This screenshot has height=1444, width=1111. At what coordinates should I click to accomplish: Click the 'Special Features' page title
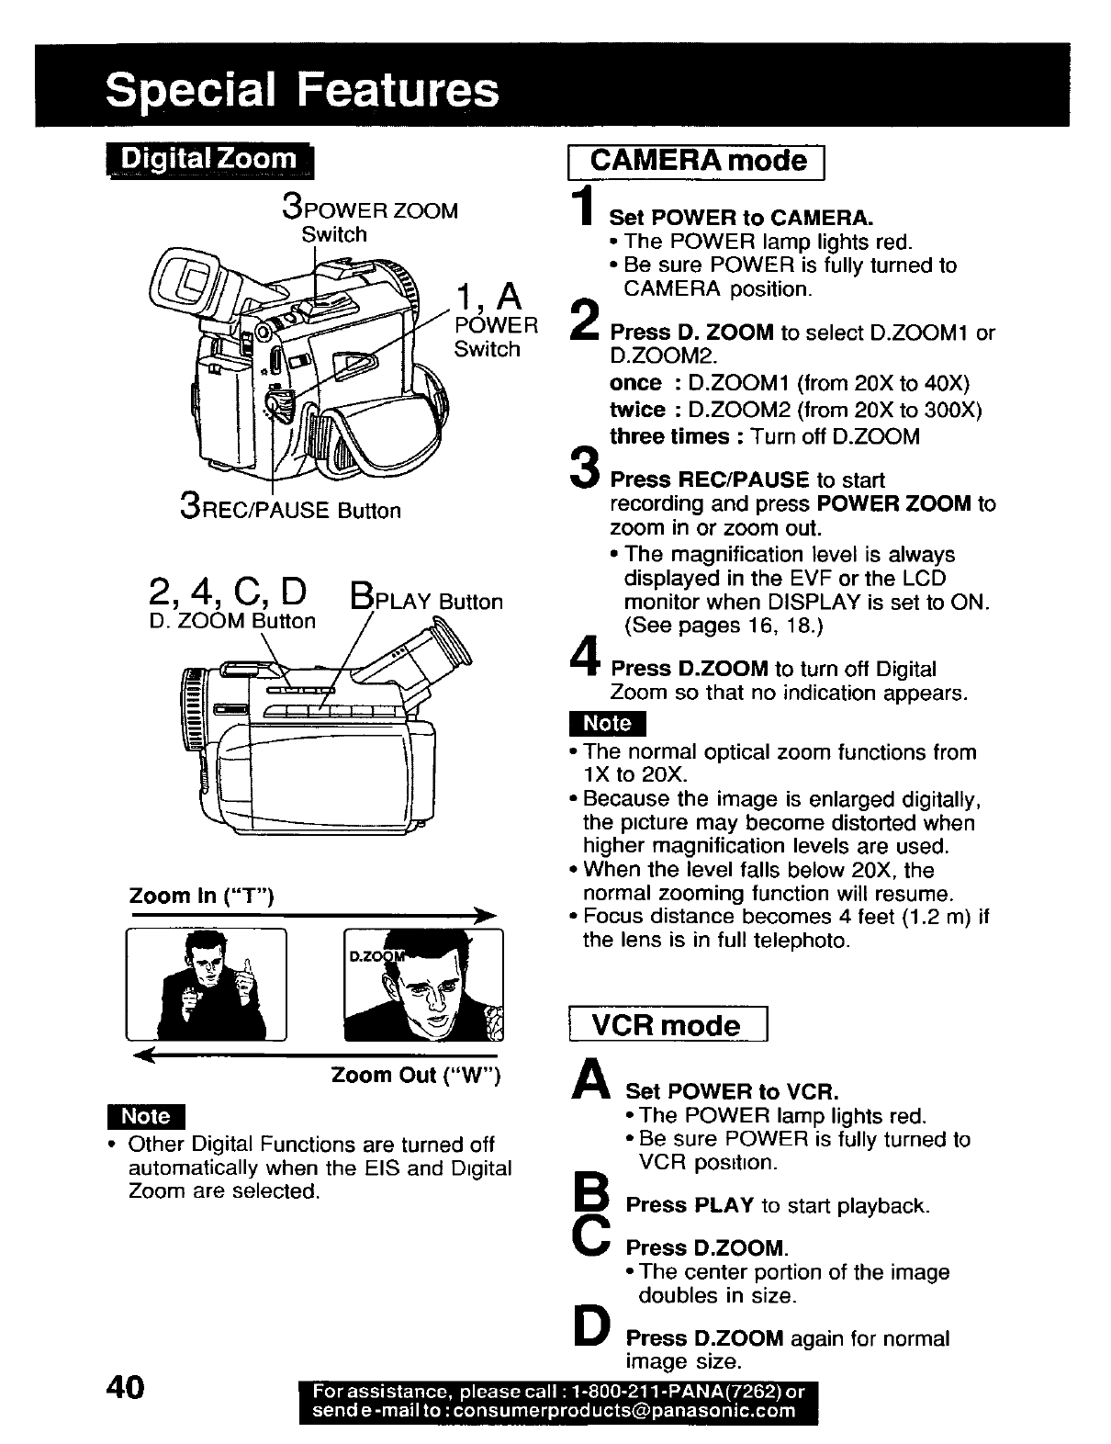pyautogui.click(x=303, y=91)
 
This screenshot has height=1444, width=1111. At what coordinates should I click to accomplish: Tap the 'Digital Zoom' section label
pyautogui.click(x=209, y=160)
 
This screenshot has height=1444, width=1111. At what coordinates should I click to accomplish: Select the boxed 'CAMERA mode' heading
pyautogui.click(x=701, y=162)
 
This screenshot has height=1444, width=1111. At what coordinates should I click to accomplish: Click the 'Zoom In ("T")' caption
pyautogui.click(x=202, y=896)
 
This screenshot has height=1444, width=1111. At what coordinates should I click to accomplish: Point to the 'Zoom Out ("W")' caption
pyautogui.click(x=415, y=1075)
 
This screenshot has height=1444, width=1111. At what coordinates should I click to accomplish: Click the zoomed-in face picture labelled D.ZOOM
pyautogui.click(x=423, y=984)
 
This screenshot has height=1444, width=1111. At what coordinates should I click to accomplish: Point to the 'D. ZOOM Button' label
pyautogui.click(x=231, y=621)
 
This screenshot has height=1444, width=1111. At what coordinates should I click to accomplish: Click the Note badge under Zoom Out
pyautogui.click(x=146, y=1116)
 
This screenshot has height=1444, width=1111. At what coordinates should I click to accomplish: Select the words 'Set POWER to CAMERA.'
pyautogui.click(x=742, y=218)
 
